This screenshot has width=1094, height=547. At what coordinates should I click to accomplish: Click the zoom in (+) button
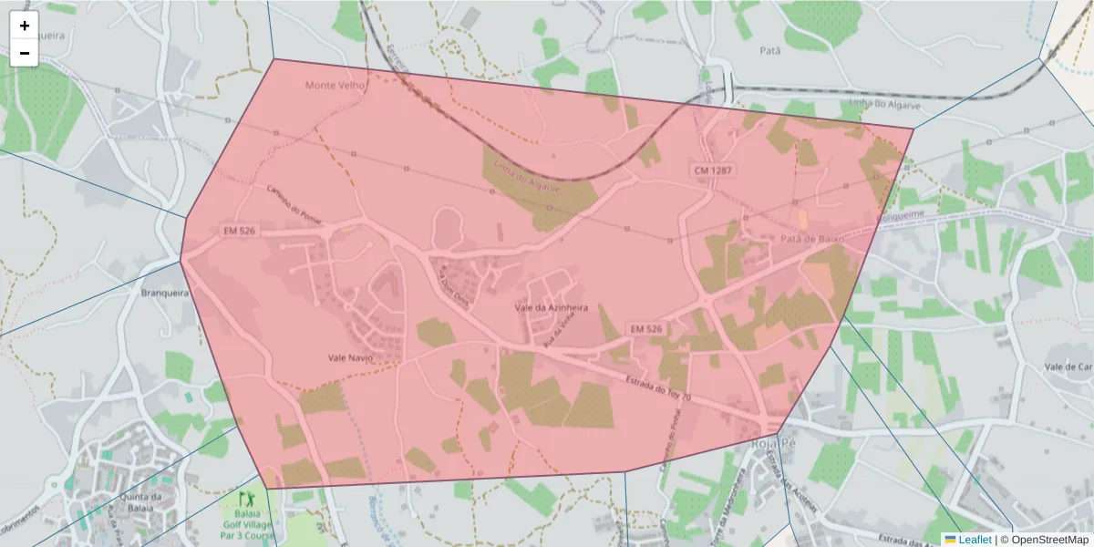click(x=25, y=26)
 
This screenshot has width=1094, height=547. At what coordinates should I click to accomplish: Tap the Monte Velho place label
click(x=335, y=86)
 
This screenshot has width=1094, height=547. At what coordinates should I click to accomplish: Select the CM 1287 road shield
click(x=713, y=170)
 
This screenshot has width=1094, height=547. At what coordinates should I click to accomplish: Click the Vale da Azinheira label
click(x=552, y=308)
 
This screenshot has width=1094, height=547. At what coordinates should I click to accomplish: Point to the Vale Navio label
click(x=351, y=358)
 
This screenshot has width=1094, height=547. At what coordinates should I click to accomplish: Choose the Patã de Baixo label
click(x=812, y=239)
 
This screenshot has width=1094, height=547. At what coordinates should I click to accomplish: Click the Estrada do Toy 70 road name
click(x=659, y=389)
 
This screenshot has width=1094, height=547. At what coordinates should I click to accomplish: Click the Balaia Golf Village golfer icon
click(x=244, y=499)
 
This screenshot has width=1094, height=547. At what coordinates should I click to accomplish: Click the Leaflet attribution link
click(x=975, y=540)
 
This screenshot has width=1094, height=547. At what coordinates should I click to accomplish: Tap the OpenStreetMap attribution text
click(x=1046, y=540)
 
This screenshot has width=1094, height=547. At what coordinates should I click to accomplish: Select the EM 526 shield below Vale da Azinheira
click(x=645, y=328)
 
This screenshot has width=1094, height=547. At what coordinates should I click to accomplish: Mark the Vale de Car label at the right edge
click(x=1069, y=366)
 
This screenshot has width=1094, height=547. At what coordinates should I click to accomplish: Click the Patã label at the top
click(x=770, y=52)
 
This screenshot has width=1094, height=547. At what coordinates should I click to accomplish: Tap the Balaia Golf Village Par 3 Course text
click(x=245, y=526)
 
